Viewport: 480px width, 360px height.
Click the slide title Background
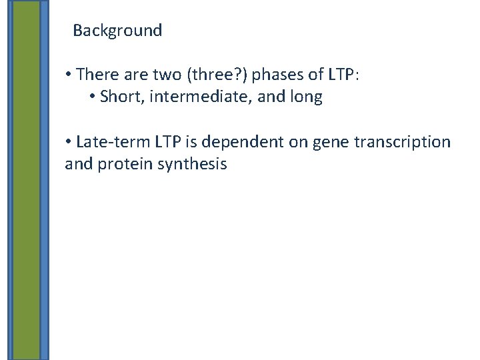point(117,31)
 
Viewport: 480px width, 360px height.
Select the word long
point(306,97)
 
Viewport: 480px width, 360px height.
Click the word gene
point(316,142)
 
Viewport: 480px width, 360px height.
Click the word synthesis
point(196,164)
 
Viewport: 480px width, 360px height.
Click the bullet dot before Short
point(91,98)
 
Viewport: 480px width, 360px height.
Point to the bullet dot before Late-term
point(69,143)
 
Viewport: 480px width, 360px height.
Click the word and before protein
point(79,164)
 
